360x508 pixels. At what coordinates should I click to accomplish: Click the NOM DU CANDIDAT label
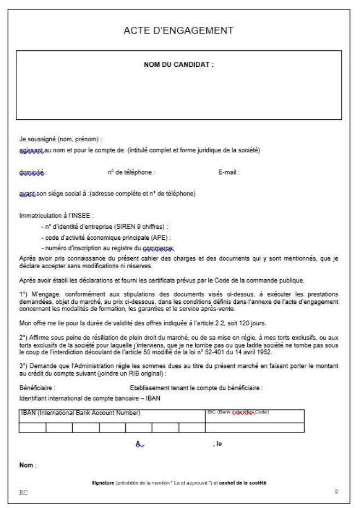[178, 65]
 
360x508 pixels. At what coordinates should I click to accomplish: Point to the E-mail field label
[229, 172]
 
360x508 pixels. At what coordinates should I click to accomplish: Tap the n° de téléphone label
[132, 172]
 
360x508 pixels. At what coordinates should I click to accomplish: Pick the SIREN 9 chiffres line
[104, 226]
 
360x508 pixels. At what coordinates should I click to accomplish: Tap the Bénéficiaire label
[37, 388]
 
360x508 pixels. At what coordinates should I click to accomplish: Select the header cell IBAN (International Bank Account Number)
[80, 413]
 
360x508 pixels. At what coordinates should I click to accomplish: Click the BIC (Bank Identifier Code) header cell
[238, 412]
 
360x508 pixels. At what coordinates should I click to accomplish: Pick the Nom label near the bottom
[27, 466]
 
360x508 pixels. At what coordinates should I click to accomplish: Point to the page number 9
[336, 492]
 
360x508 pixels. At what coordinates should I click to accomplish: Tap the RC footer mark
[22, 492]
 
